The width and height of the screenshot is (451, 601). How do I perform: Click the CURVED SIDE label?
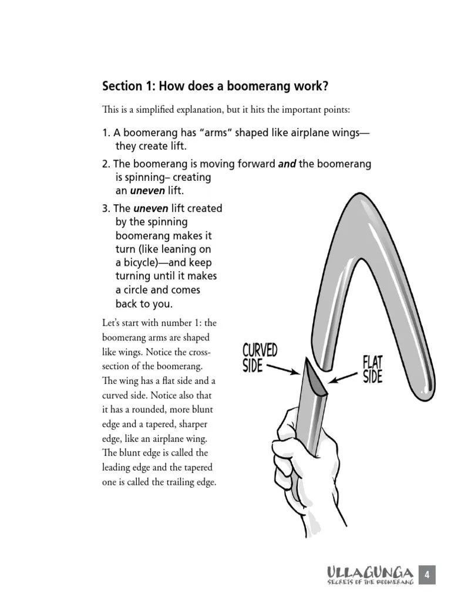tap(260, 358)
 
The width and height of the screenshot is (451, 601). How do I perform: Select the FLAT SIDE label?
tap(372, 369)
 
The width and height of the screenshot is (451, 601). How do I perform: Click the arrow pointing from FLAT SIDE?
tap(342, 376)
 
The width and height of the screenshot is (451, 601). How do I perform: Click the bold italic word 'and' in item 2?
tap(287, 164)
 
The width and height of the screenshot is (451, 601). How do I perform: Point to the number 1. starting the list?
tap(106, 133)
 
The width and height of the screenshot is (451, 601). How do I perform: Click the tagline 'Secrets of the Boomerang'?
tap(371, 582)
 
